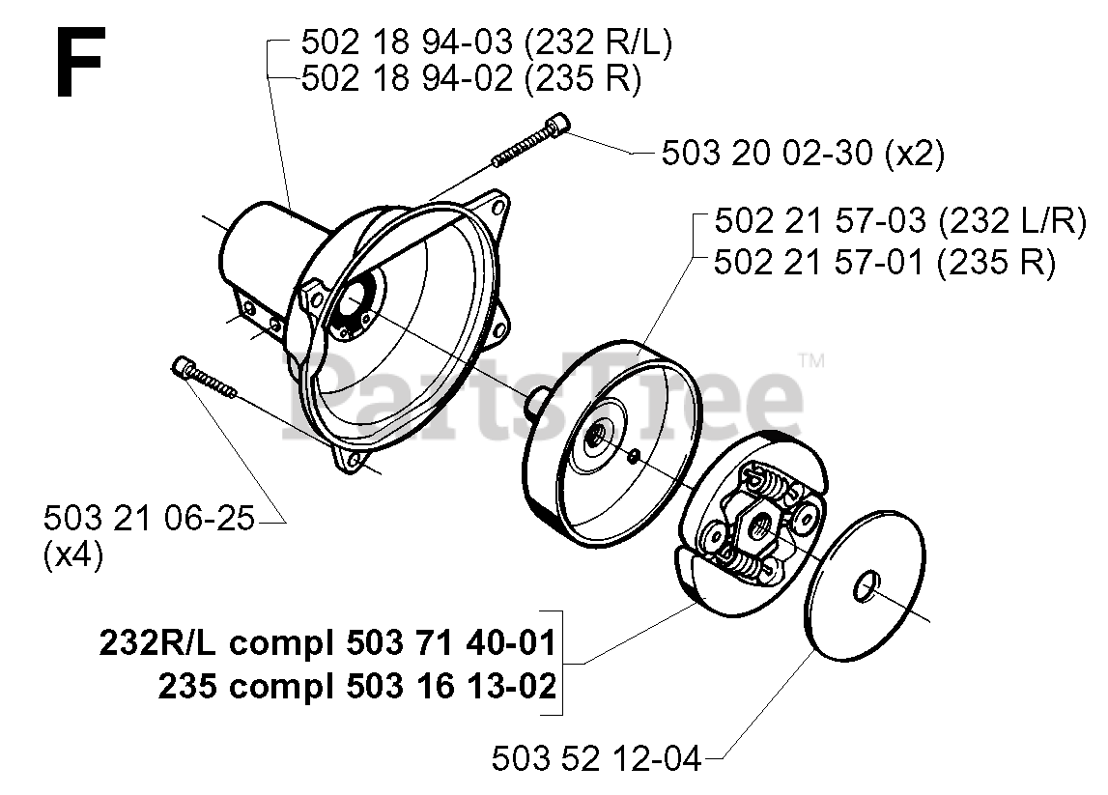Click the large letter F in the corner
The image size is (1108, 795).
click(78, 63)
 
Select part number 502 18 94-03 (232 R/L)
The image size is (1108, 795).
click(487, 43)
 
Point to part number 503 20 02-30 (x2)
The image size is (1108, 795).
click(803, 153)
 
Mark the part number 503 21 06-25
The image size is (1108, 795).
click(149, 519)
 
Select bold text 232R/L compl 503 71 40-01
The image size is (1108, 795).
click(327, 643)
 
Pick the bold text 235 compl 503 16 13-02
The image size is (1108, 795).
click(356, 687)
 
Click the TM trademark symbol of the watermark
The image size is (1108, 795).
click(812, 362)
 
